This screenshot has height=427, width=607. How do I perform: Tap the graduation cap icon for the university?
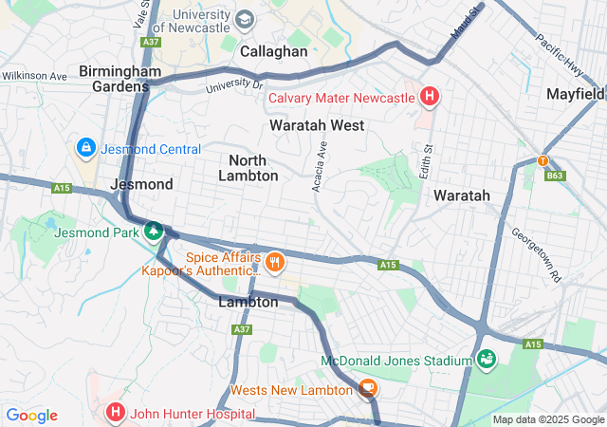pyautogui.click(x=245, y=19)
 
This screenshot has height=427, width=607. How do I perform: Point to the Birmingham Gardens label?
pyautogui.click(x=114, y=78)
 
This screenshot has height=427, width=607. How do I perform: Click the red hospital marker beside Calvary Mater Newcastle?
pyautogui.click(x=430, y=97)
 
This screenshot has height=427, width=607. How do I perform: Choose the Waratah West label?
pyautogui.click(x=317, y=125)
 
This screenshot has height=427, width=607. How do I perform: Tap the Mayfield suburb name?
pyautogui.click(x=576, y=94)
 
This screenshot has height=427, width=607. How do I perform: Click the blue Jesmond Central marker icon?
pyautogui.click(x=85, y=148)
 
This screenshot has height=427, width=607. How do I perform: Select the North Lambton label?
pyautogui.click(x=248, y=168)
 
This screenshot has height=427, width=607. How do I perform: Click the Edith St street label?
pyautogui.click(x=427, y=161)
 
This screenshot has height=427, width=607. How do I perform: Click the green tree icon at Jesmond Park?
pyautogui.click(x=152, y=231)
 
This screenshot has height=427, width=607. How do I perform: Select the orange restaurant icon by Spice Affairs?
pyautogui.click(x=275, y=262)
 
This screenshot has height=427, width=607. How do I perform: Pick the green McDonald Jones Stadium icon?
pyautogui.click(x=487, y=360)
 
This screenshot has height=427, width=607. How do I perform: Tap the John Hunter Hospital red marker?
pyautogui.click(x=115, y=413)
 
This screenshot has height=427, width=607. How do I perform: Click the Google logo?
pyautogui.click(x=31, y=416)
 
